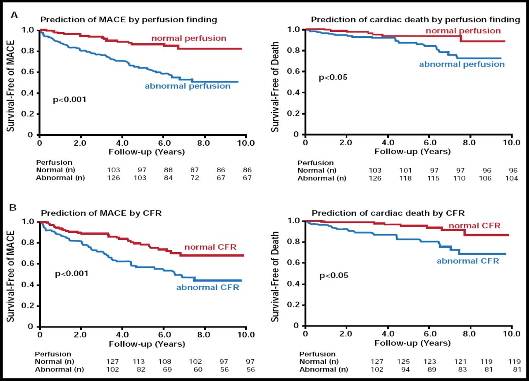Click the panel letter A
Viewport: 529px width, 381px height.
(14, 15)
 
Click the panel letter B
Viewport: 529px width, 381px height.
(13, 207)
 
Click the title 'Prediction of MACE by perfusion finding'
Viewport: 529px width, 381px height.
(129, 19)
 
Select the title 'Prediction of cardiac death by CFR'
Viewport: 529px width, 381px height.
(388, 213)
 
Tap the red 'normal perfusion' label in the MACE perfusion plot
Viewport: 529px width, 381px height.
(189, 38)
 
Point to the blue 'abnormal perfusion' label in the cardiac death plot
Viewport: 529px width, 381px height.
(462, 64)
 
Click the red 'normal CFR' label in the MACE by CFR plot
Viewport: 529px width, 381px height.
(210, 247)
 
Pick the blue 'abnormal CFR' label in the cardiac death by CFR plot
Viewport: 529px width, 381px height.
(468, 261)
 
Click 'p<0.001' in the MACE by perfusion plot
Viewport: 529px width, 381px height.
(69, 99)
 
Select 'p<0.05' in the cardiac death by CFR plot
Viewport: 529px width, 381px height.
(334, 275)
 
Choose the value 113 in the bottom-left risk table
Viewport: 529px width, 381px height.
(138, 362)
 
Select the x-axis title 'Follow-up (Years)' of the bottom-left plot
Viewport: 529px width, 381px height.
(146, 343)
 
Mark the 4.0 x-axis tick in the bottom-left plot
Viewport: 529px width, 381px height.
(122, 335)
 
